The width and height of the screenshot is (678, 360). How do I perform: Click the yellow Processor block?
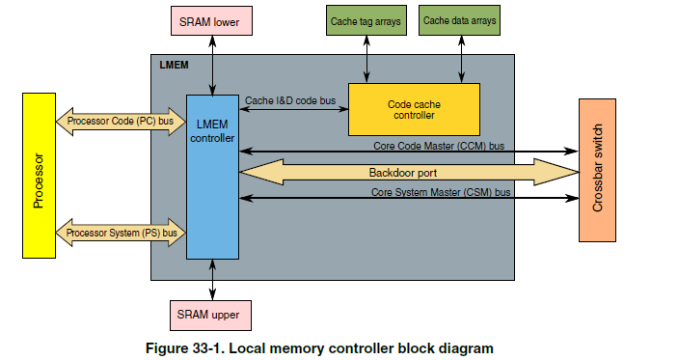click(x=39, y=175)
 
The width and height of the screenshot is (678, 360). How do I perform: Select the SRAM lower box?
click(x=212, y=18)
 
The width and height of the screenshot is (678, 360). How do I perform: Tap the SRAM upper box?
click(x=212, y=315)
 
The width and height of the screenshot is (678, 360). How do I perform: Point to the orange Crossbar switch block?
click(x=598, y=170)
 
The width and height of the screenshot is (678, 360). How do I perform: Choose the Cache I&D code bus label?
click(x=289, y=100)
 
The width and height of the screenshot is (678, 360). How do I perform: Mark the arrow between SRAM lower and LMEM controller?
click(x=212, y=64)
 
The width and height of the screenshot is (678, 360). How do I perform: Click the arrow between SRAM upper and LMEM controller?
click(x=212, y=279)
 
